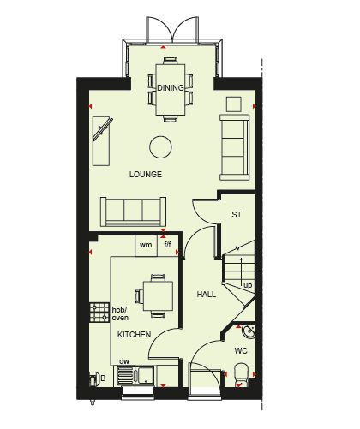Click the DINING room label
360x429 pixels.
pos(171,87)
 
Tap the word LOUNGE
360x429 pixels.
pos(146,174)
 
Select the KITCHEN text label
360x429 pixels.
pos(134,334)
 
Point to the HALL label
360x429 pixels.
pos(207,294)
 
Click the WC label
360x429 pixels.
pos(241,350)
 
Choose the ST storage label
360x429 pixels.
pos(237,215)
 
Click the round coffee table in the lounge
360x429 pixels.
pos(160,147)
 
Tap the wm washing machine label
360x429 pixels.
pos(146,245)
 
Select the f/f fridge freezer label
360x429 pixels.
pos(167,244)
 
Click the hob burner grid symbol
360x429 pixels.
pos(99,313)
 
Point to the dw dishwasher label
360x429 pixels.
pos(124,361)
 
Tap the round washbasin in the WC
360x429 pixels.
pos(249,331)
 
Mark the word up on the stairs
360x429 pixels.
pos(248,286)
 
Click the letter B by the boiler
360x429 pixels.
pos(103,378)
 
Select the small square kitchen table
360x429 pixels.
pos(158,296)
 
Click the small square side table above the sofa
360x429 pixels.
pos(234,104)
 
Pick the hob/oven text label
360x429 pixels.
pos(120,313)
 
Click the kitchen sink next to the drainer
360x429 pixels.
pos(146,375)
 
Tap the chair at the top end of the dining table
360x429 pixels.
pos(171,61)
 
